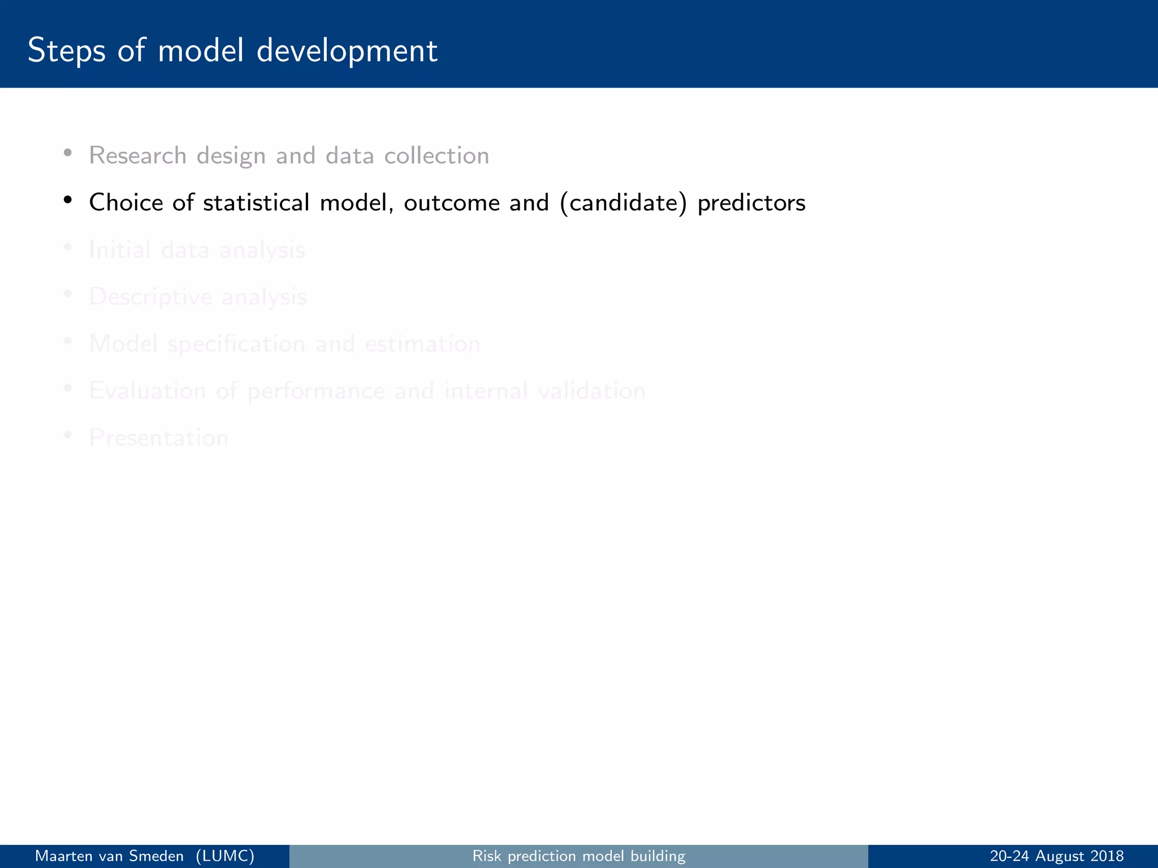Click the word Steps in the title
click(66, 51)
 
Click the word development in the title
click(347, 51)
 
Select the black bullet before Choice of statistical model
click(68, 200)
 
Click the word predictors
click(751, 203)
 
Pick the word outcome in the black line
click(451, 203)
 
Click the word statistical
click(256, 202)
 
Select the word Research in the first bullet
click(137, 155)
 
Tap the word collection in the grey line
click(437, 155)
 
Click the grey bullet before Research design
click(68, 153)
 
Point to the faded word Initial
click(119, 249)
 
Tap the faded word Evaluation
click(147, 390)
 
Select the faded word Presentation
click(158, 437)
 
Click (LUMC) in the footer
click(225, 856)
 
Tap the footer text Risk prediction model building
click(578, 856)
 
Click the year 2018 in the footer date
click(1107, 856)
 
